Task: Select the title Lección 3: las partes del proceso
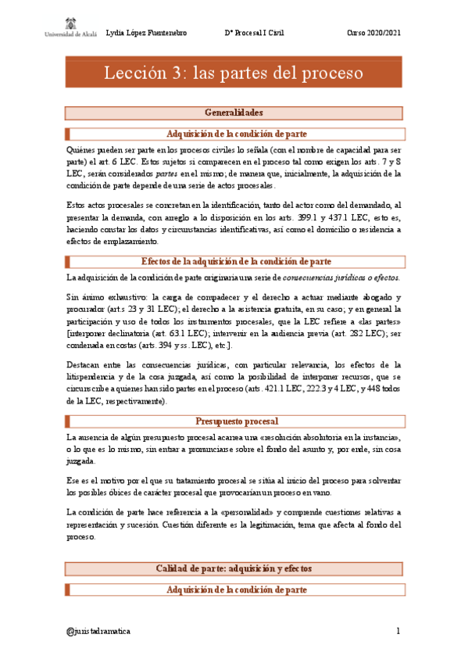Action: [x=234, y=74]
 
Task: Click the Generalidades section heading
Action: [x=234, y=113]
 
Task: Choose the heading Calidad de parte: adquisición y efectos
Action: [x=234, y=568]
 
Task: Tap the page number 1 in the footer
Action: [x=398, y=630]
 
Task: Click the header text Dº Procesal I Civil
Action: [x=255, y=32]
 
